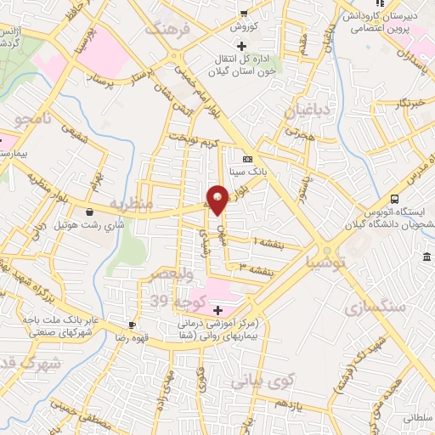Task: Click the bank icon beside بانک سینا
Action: tap(247, 159)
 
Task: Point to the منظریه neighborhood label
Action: tap(136, 204)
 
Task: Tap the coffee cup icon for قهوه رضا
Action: tap(132, 325)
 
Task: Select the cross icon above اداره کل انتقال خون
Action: tap(241, 45)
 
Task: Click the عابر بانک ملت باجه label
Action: tap(52, 320)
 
